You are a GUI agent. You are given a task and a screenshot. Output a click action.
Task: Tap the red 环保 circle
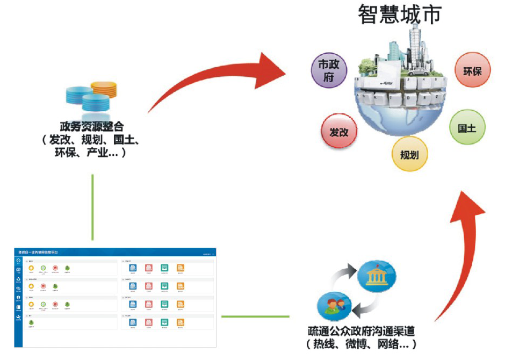(x=472, y=70)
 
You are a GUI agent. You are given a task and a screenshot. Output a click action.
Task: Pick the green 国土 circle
(x=467, y=128)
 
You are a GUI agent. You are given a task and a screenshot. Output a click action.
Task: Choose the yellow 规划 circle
(x=409, y=155)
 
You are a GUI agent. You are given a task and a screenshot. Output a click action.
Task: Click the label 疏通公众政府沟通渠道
(x=361, y=330)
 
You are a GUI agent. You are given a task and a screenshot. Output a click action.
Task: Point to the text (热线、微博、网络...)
(x=361, y=344)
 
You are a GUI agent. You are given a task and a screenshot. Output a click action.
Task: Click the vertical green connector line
(x=92, y=207)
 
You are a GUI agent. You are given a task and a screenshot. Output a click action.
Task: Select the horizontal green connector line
(x=255, y=316)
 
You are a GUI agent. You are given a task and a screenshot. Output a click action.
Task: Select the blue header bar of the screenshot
(x=115, y=252)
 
